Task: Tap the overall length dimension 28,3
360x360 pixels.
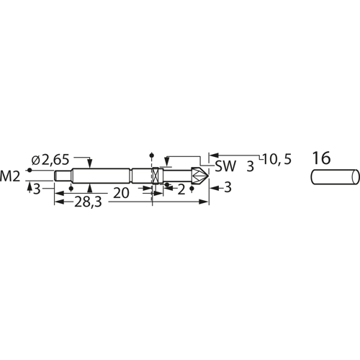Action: tap(88, 204)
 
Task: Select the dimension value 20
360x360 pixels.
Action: tap(120, 192)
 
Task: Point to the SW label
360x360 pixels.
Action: tap(225, 166)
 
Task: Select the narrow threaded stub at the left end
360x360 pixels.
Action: tap(62, 175)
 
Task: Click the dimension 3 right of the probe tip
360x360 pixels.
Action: tap(228, 189)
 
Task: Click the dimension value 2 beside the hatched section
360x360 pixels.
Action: tap(181, 189)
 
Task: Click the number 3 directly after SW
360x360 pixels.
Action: tap(250, 166)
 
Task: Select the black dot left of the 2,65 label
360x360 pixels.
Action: tap(30, 170)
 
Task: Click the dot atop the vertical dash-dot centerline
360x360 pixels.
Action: tap(151, 154)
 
